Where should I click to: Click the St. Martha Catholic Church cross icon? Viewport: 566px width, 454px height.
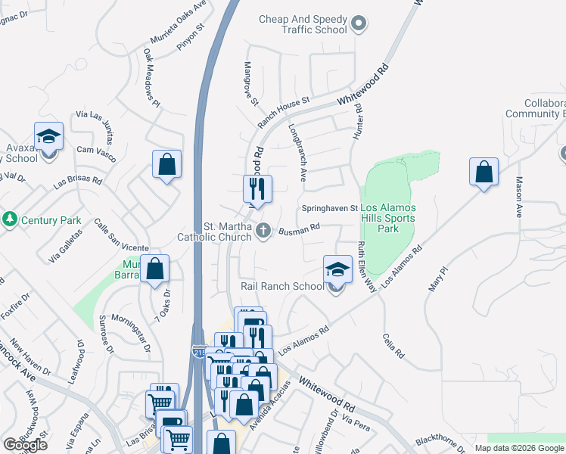point(263,229)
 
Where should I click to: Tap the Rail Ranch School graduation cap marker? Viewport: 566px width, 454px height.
point(337,270)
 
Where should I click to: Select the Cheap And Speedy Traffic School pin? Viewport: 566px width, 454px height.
point(359,24)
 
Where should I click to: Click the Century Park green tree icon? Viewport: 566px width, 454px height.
point(10,220)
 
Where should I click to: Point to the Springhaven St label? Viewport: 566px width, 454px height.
point(329,207)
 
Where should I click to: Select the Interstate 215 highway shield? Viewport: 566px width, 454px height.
point(198,352)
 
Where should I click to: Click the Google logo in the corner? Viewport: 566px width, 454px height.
point(25,445)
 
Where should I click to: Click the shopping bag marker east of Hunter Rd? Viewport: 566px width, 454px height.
point(484,173)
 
